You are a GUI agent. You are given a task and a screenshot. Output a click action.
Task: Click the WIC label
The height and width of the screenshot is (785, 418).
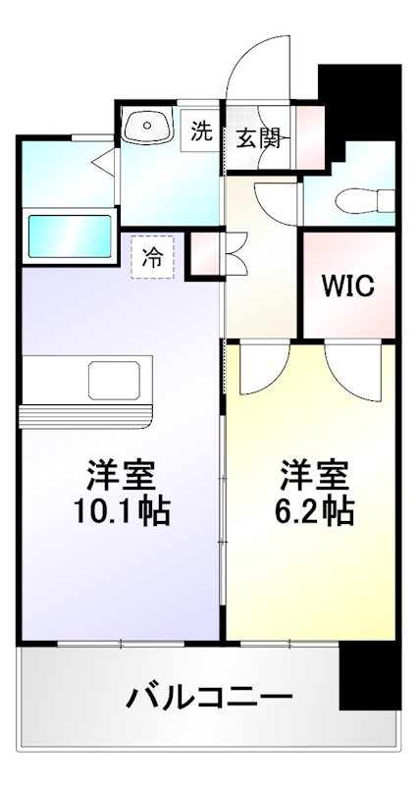click(x=349, y=288)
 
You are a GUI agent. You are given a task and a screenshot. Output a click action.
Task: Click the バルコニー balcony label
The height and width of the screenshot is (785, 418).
click(x=209, y=700)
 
